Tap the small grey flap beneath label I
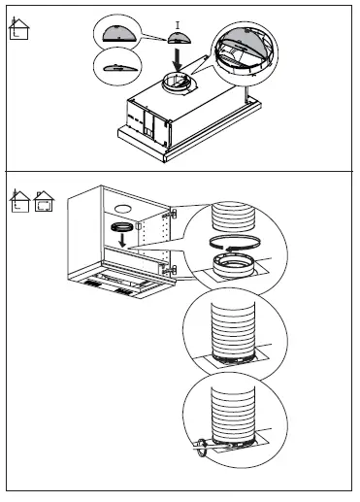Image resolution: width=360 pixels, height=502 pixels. (x=178, y=38)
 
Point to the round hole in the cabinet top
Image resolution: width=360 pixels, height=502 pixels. (x=122, y=209)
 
